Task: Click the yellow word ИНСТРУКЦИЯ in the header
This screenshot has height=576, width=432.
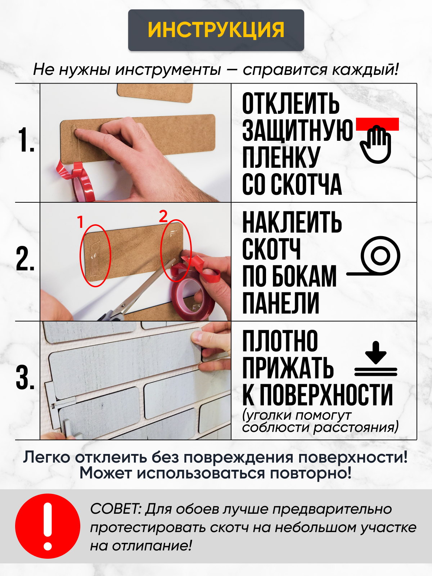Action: click(x=216, y=30)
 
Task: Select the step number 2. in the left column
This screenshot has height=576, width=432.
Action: click(x=25, y=258)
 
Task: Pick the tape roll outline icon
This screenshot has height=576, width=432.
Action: click(x=374, y=256)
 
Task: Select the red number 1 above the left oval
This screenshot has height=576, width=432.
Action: click(x=80, y=222)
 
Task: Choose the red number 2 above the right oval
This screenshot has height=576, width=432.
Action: click(x=163, y=216)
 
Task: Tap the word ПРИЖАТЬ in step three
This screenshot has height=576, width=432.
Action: click(x=288, y=368)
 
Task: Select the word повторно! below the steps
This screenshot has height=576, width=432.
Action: click(x=311, y=474)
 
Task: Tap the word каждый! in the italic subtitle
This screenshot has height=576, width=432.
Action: click(x=365, y=70)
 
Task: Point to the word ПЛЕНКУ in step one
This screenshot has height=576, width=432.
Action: click(x=281, y=157)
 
